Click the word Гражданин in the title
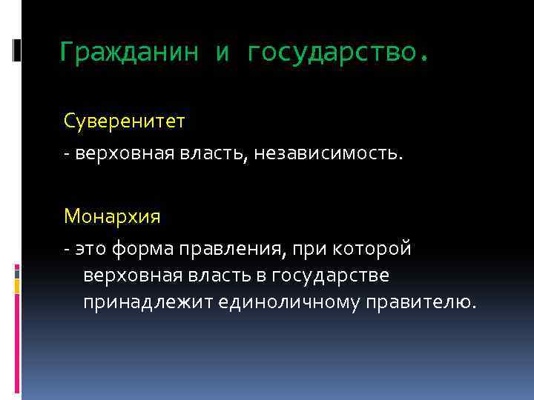point(129,53)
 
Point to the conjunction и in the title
point(223,53)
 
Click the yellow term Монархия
point(112,217)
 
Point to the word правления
point(223,250)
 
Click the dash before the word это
point(67,250)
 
